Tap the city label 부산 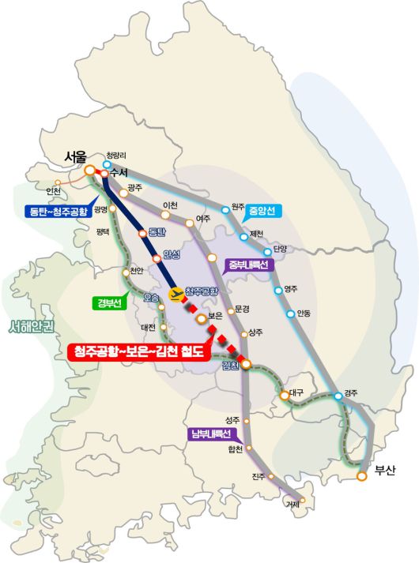(x=383, y=471)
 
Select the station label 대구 (x=297, y=392)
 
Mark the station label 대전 (x=148, y=327)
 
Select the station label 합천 (x=235, y=450)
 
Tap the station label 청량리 (x=115, y=156)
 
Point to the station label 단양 (x=281, y=249)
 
